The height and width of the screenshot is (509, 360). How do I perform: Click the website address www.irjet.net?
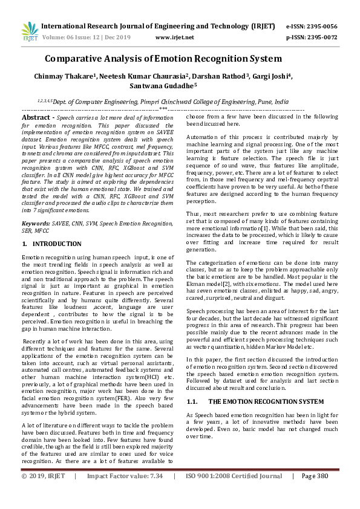click(175, 37)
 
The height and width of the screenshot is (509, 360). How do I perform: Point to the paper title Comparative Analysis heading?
click(163, 59)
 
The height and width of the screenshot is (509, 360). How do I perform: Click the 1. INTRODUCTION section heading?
click(51, 244)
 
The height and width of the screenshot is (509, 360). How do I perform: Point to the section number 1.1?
click(193, 401)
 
